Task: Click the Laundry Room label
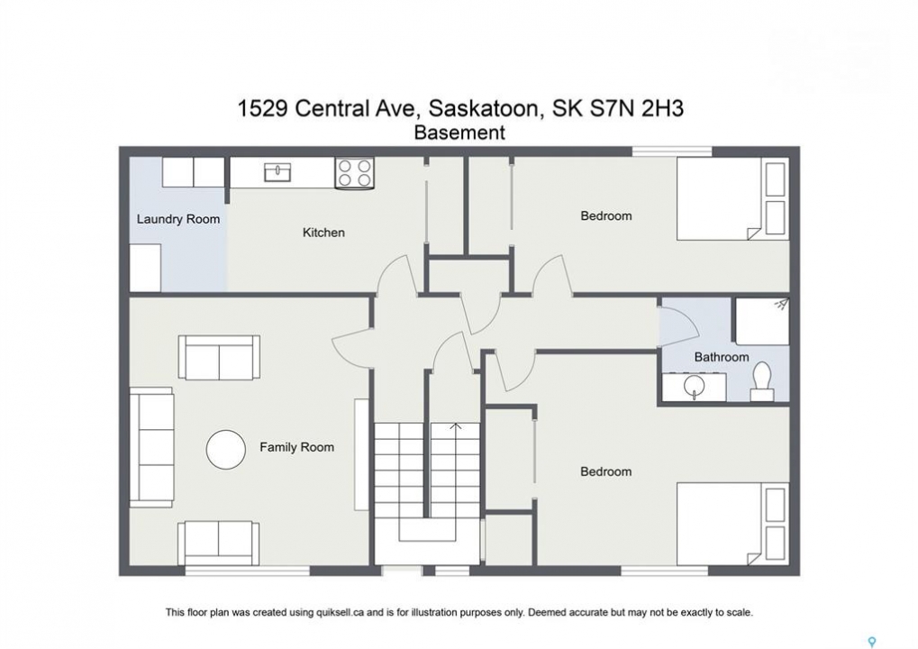(x=178, y=219)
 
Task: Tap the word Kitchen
(x=323, y=233)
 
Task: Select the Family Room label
(x=296, y=447)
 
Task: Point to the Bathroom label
(x=722, y=357)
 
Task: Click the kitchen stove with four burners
(x=355, y=173)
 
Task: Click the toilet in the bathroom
(x=761, y=381)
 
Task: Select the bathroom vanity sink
(x=695, y=387)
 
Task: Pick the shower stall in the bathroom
(x=761, y=321)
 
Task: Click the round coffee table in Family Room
(x=225, y=449)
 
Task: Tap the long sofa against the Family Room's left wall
(x=151, y=447)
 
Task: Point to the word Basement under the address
(x=459, y=133)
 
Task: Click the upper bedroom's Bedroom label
(x=606, y=215)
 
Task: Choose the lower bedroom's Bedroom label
(x=606, y=471)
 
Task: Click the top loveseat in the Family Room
(x=219, y=357)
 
